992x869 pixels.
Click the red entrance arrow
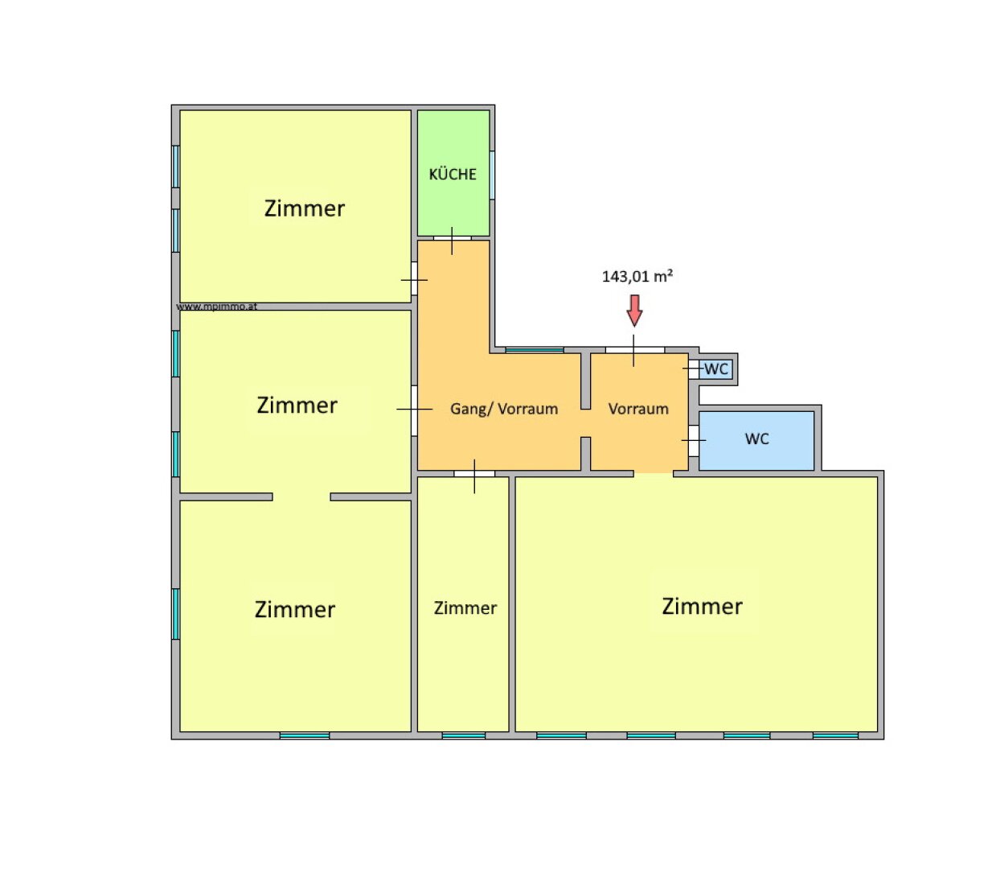click(x=634, y=311)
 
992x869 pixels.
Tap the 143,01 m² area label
click(x=637, y=277)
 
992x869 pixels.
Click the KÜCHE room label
click(x=453, y=174)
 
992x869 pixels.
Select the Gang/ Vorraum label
click(x=504, y=409)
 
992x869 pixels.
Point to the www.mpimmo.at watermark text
click(x=216, y=307)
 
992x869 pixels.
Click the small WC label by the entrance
click(x=716, y=369)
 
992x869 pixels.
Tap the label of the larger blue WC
click(x=756, y=439)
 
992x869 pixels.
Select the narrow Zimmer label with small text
click(x=465, y=608)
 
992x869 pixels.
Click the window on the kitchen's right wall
click(x=492, y=175)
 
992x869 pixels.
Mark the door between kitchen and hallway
click(x=452, y=238)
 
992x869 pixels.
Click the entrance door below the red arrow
click(x=634, y=350)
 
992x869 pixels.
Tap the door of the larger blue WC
click(x=693, y=441)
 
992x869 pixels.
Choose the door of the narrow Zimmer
click(x=474, y=474)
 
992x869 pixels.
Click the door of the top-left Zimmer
click(x=414, y=278)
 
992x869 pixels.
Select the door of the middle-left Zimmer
click(x=414, y=410)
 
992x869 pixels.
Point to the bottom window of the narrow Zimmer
click(x=464, y=735)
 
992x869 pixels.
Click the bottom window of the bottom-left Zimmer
click(x=305, y=735)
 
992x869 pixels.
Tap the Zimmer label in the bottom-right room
click(x=702, y=607)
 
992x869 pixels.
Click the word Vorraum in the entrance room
click(x=638, y=409)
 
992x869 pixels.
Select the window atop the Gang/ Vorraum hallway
click(x=535, y=350)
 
